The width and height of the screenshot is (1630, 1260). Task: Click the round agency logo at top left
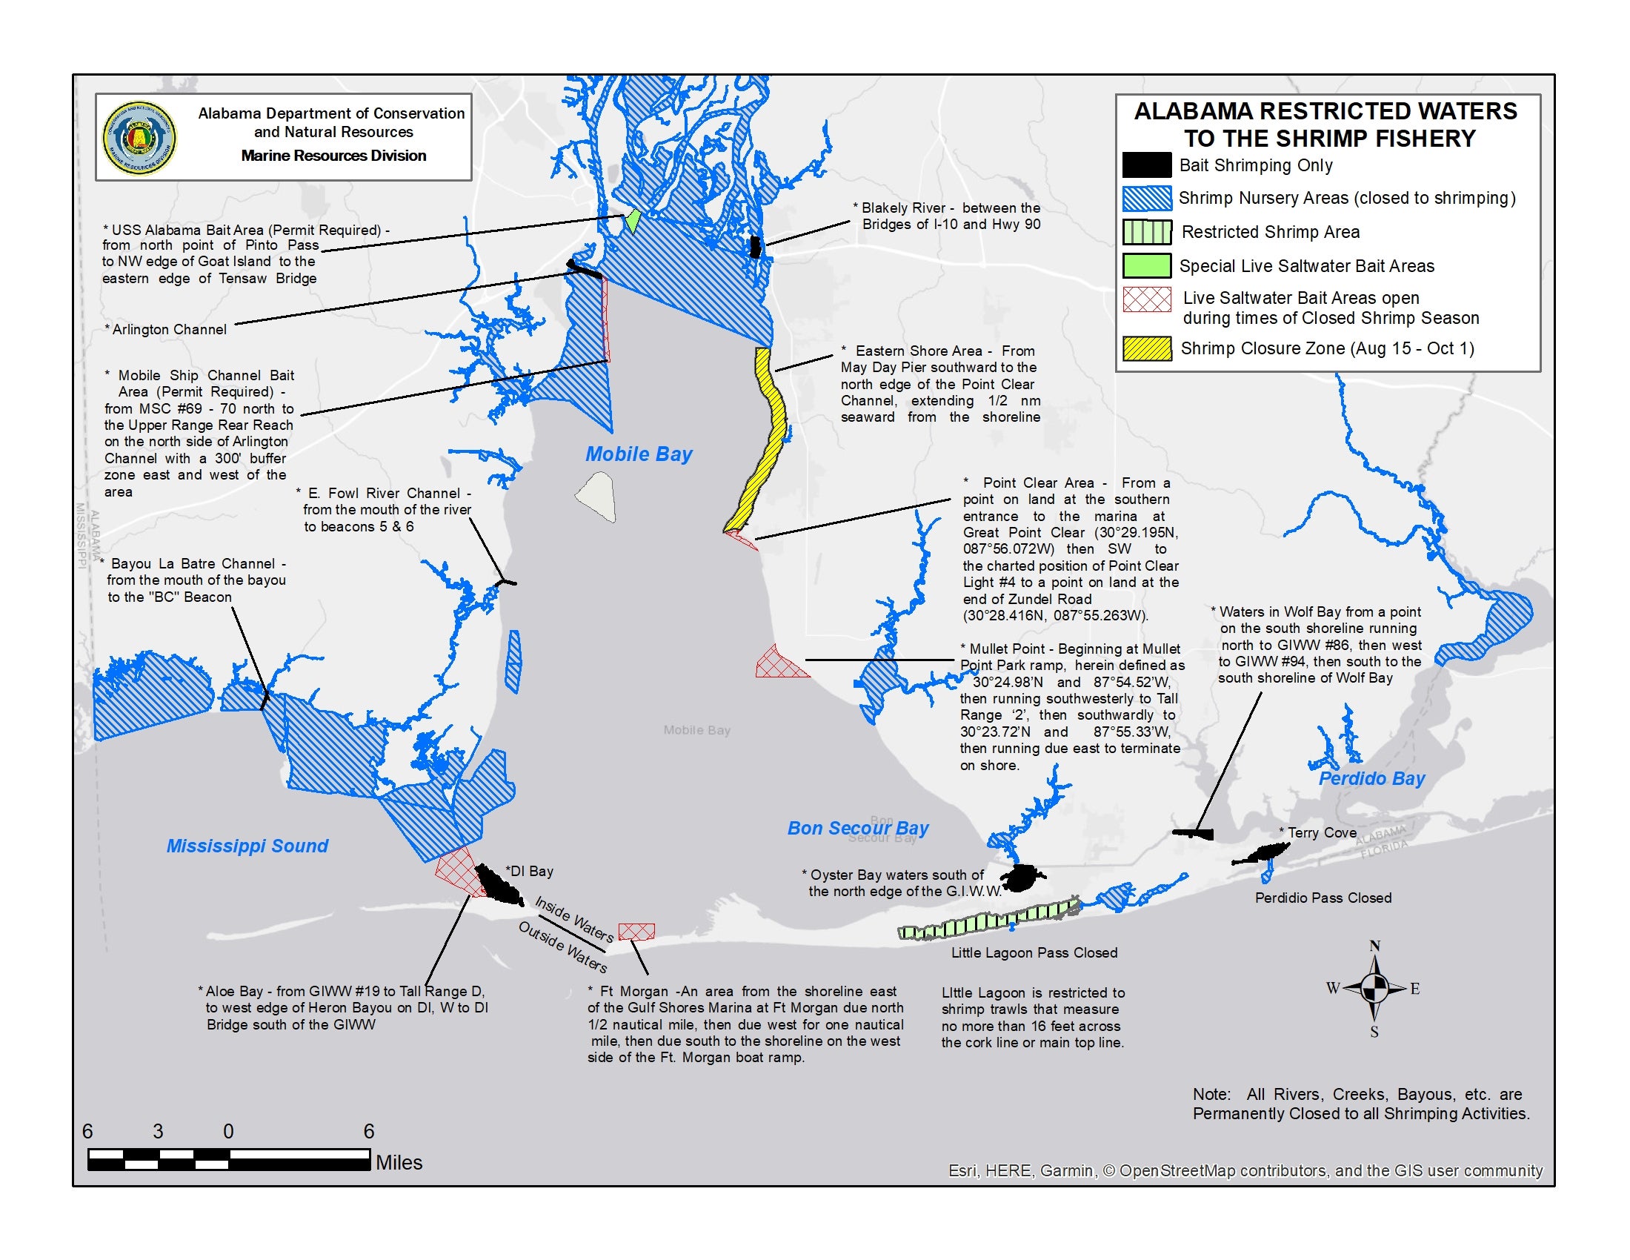[139, 138]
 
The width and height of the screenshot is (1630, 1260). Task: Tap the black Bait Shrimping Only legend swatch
[1146, 165]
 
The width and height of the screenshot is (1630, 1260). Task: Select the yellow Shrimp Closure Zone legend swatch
[1146, 348]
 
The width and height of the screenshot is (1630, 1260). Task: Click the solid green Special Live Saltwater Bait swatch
[1146, 266]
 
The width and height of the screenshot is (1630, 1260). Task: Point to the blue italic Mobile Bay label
[638, 454]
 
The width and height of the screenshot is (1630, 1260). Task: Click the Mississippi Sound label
[247, 846]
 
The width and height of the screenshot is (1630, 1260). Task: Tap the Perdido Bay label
[1371, 778]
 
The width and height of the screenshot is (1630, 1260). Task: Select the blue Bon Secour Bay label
[857, 828]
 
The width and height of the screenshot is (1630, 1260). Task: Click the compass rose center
[1374, 989]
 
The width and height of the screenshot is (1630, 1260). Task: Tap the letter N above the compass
[1374, 946]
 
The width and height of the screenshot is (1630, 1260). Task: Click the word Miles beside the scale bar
[399, 1162]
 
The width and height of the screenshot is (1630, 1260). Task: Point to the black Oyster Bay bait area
[1022, 878]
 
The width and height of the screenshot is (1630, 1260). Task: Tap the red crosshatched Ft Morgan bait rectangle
[636, 931]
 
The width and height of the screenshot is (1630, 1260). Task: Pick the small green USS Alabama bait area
[632, 220]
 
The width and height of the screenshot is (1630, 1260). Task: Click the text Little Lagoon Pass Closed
[1034, 952]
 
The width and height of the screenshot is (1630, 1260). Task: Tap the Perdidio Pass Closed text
[1323, 898]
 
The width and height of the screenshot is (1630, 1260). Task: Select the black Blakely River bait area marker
[754, 247]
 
